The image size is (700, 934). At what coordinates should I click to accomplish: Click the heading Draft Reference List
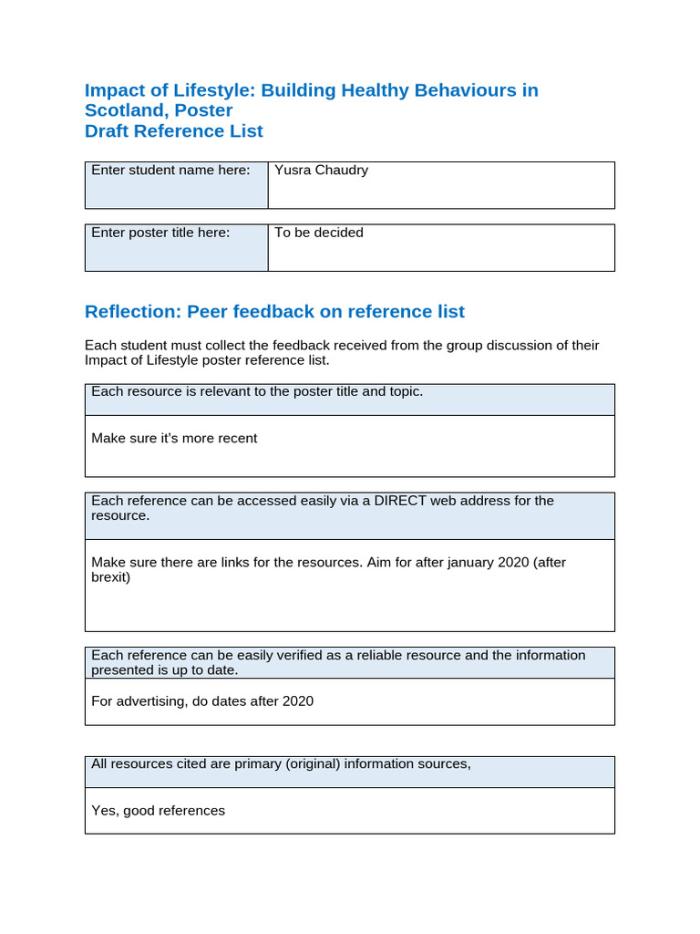tap(173, 130)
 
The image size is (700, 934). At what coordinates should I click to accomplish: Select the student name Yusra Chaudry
tap(321, 170)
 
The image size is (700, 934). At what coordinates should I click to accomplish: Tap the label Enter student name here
tap(170, 170)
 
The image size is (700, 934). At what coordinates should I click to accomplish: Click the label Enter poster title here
tap(160, 233)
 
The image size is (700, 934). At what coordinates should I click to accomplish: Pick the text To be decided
tap(318, 233)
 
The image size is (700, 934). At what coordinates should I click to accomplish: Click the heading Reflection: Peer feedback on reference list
tap(274, 311)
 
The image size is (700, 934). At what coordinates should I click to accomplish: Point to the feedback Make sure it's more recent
tap(174, 438)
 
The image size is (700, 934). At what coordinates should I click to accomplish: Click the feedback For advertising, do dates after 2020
tap(202, 700)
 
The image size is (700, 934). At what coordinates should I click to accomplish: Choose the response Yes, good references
tap(158, 810)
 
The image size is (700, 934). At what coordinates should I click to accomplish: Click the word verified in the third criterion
tap(268, 655)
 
